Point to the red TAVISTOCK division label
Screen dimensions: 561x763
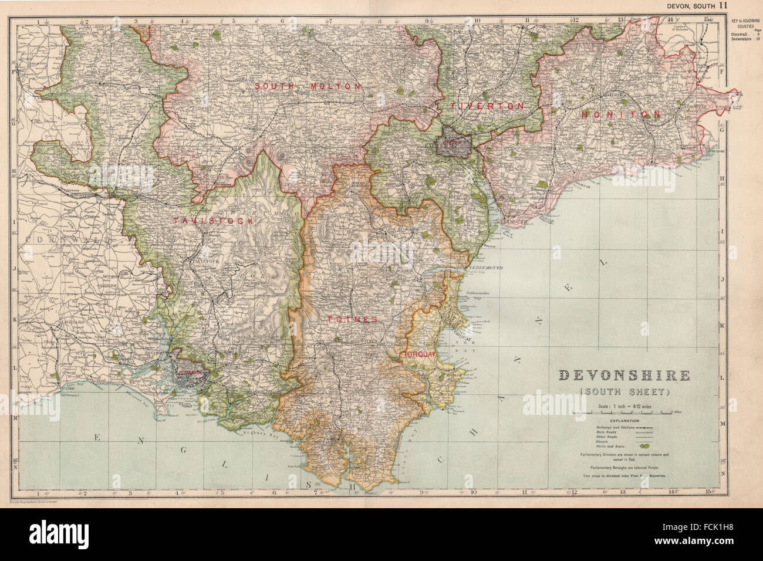pos(213,221)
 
